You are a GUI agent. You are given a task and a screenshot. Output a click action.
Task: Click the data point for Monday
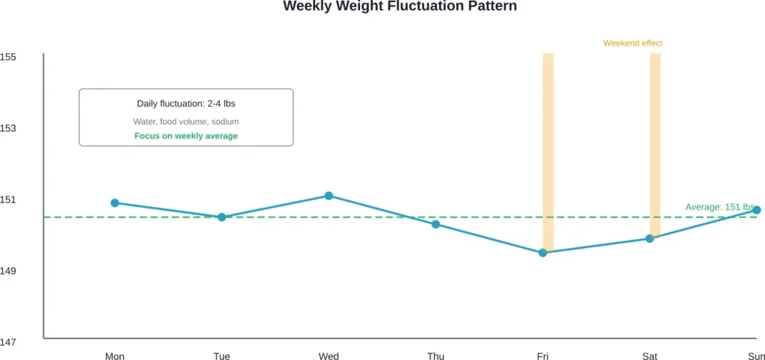115,202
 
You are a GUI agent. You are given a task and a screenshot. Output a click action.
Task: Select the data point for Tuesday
222,217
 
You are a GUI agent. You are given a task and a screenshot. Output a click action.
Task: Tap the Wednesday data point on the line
329,196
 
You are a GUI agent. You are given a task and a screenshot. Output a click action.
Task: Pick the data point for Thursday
436,224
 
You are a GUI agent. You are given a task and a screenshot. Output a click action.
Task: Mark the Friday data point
543,252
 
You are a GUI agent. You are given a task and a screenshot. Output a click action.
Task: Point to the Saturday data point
650,238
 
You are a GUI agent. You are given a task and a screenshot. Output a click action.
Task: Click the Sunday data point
757,210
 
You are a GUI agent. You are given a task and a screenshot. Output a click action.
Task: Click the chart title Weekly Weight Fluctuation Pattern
400,6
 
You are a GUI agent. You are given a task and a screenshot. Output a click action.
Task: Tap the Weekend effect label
633,43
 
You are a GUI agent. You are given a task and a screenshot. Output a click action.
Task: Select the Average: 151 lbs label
719,207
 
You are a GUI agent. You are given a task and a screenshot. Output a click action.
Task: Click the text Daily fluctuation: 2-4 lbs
186,104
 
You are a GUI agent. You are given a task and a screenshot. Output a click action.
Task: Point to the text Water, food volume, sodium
186,121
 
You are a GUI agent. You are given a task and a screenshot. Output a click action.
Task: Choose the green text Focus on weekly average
186,136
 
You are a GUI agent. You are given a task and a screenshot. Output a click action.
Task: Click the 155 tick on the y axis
8,58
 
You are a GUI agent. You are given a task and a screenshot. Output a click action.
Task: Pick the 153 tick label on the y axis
8,128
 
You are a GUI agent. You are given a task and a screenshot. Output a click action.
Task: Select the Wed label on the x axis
329,356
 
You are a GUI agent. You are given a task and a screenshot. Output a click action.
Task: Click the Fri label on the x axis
543,356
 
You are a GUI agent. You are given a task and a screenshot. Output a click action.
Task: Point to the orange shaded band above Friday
548,149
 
